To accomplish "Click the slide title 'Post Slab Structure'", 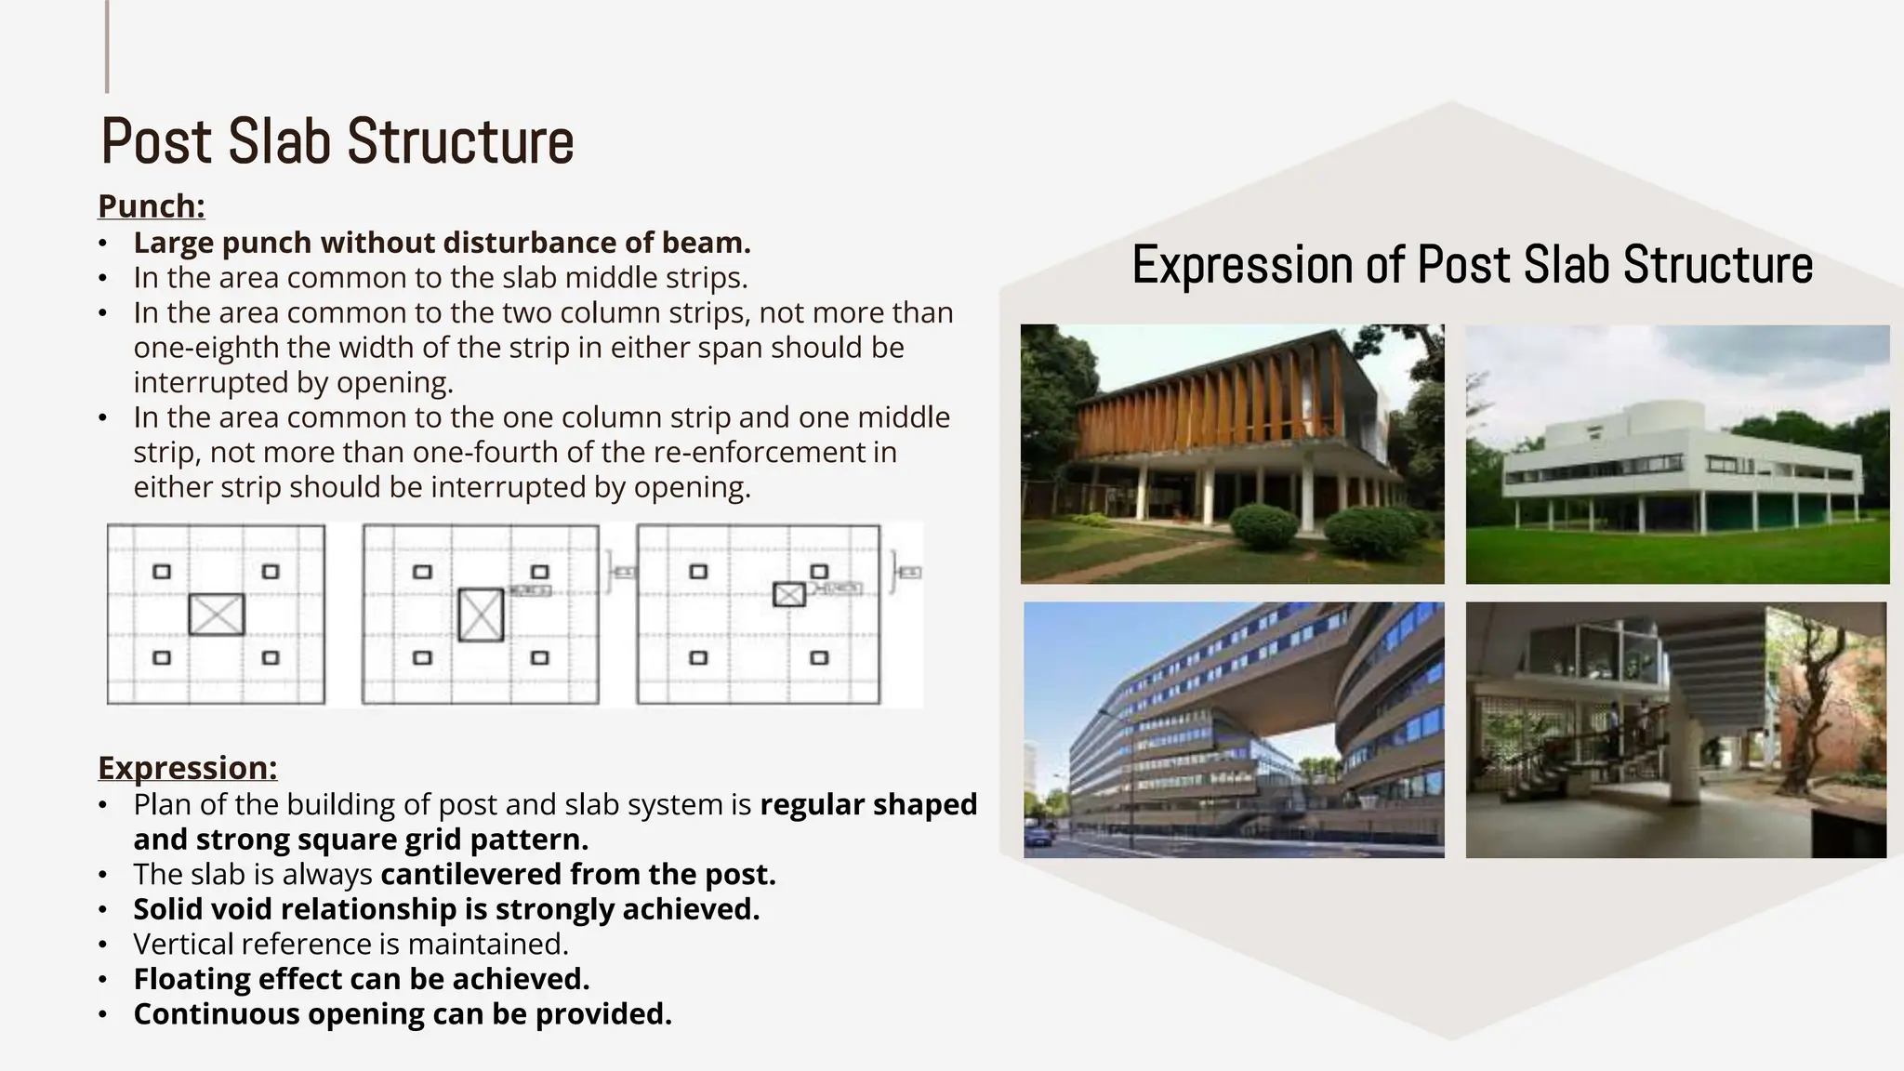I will tap(337, 141).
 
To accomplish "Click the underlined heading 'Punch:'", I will tap(151, 206).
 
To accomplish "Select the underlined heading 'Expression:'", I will tap(187, 768).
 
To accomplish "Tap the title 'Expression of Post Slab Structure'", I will tap(1472, 264).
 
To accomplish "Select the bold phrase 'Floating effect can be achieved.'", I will tap(361, 979).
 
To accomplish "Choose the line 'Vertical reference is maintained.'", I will tap(350, 945).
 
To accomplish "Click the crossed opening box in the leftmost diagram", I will tap(217, 615).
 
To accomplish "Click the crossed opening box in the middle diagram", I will tap(481, 615).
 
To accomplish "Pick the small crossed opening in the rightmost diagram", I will tap(789, 594).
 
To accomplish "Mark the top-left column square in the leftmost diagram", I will tap(162, 572).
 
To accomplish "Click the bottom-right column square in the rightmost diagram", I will tap(819, 657).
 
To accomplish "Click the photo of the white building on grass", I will tap(1677, 455).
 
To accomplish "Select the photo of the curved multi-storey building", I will tap(1234, 730).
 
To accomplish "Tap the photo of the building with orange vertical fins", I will tap(1232, 455).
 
